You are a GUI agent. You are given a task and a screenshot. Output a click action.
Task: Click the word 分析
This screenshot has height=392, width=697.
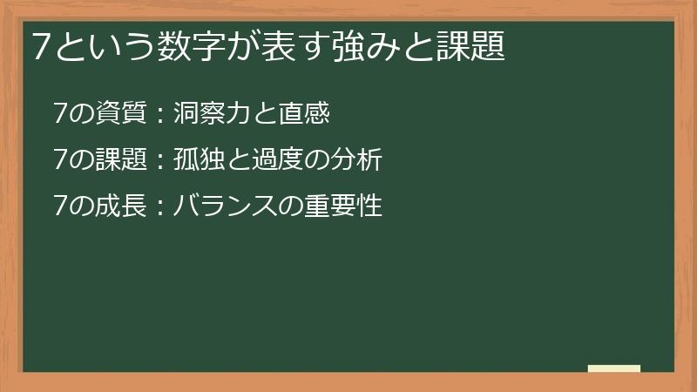pyautogui.click(x=355, y=160)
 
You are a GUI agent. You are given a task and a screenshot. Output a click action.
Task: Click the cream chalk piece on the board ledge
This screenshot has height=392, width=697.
pyautogui.click(x=614, y=368)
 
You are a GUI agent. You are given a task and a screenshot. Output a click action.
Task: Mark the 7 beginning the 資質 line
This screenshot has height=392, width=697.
pyautogui.click(x=59, y=113)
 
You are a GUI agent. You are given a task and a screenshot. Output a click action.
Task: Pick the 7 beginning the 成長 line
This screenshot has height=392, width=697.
pyautogui.click(x=59, y=207)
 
